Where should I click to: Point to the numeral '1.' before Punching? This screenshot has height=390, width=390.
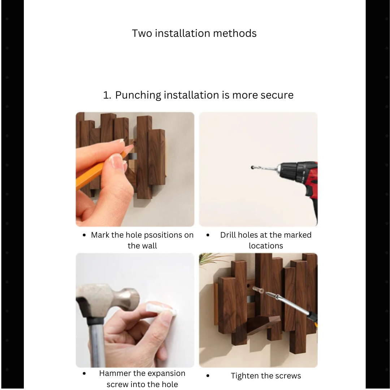point(107,95)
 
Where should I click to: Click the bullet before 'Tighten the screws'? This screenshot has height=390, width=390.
point(208,376)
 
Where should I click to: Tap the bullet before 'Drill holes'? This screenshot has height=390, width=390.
point(208,235)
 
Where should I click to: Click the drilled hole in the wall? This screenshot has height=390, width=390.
point(253,168)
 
